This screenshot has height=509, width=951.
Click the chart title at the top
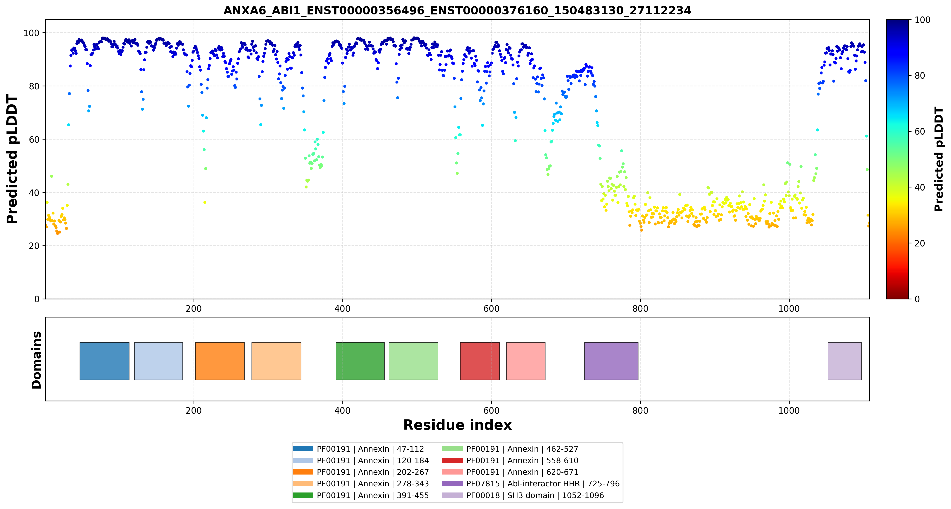coord(457,10)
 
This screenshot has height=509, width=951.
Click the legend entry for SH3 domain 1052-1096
coord(523,495)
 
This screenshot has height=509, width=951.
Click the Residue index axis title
coord(457,425)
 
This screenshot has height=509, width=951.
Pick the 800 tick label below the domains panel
coord(640,411)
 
